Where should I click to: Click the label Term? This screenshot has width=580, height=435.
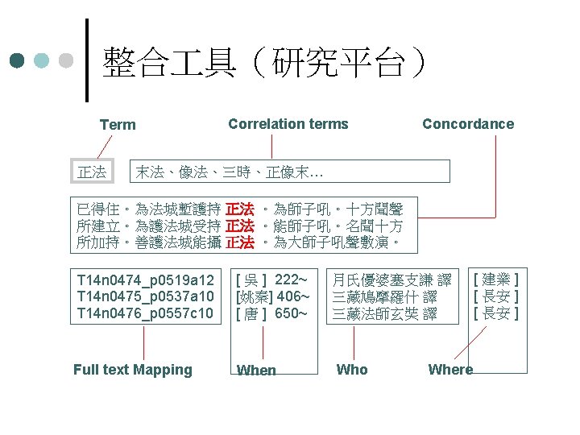(x=118, y=125)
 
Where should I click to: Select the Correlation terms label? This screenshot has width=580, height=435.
(x=288, y=124)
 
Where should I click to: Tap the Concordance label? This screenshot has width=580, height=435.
(x=467, y=124)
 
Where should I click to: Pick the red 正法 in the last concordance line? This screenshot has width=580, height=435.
(x=241, y=242)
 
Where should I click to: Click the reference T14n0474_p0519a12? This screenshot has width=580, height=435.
(x=145, y=280)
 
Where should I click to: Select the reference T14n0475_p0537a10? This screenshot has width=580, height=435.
(x=145, y=296)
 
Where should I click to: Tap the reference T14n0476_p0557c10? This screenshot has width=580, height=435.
(x=145, y=313)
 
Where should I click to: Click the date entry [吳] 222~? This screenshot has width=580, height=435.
(x=271, y=280)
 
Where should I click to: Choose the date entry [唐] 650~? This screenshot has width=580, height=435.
(x=271, y=313)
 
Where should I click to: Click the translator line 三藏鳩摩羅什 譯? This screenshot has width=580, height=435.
(x=384, y=297)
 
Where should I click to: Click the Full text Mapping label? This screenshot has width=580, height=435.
(x=133, y=370)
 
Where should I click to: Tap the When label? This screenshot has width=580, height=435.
(x=256, y=371)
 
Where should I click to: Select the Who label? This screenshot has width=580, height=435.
(x=352, y=370)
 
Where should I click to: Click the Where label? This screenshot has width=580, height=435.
(x=450, y=370)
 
